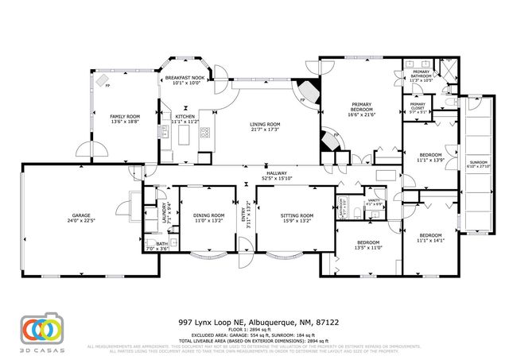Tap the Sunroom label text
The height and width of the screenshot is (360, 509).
point(478,162)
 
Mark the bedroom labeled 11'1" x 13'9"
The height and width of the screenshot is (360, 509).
point(429,157)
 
